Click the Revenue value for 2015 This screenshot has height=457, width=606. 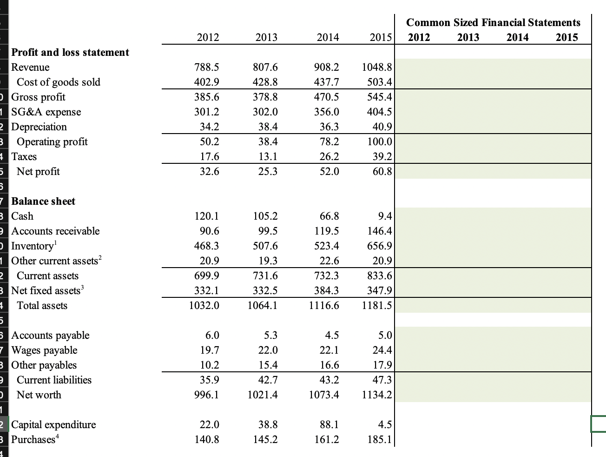point(376,67)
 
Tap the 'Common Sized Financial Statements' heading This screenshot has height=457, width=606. point(493,22)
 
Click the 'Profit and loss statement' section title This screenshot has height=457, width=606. point(70,52)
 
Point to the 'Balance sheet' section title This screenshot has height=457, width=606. point(43,201)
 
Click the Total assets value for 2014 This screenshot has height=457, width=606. point(324,305)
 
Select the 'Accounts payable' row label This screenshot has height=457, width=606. point(50,335)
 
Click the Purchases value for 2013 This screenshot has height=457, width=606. point(265,439)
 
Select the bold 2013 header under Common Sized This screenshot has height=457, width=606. point(468,37)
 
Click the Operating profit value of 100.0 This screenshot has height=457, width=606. point(380,141)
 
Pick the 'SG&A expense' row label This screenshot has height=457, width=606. point(46,112)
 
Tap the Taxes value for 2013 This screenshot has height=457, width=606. point(268,156)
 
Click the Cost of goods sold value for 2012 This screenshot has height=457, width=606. point(206,82)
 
